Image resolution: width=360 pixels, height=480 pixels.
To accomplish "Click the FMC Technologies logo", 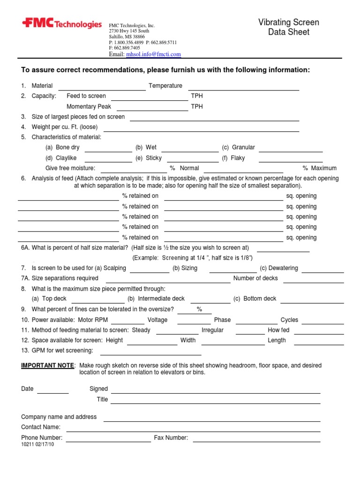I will (61, 24).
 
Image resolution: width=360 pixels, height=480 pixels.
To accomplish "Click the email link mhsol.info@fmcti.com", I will (153, 54).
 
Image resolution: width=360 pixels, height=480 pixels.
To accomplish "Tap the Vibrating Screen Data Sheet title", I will (289, 27).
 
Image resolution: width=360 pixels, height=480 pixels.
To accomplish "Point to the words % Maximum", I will (319, 168).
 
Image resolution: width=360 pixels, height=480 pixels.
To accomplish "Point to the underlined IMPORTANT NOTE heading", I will (47, 365).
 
